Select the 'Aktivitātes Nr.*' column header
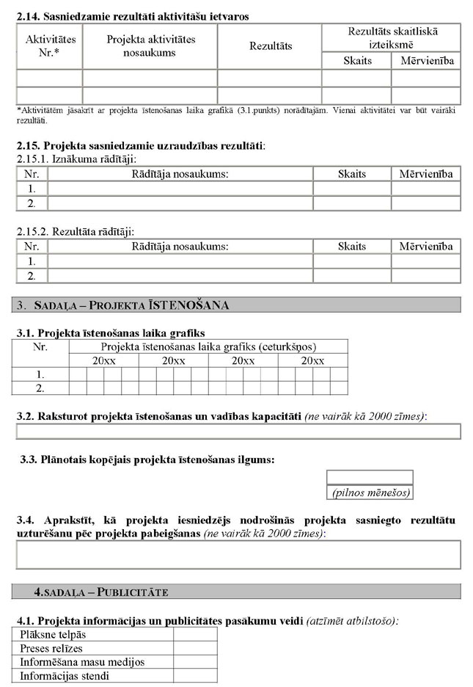[x=50, y=46]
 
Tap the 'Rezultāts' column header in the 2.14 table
[x=270, y=46]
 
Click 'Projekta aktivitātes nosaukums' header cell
[x=150, y=46]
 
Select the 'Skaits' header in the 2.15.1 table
[x=351, y=174]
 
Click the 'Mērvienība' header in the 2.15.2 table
[x=425, y=247]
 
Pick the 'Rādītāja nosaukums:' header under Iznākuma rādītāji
[x=180, y=174]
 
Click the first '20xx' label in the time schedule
[x=103, y=361]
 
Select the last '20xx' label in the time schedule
[x=313, y=361]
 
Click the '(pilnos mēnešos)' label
[x=370, y=492]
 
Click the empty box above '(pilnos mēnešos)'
[x=370, y=478]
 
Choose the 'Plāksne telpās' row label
[x=53, y=635]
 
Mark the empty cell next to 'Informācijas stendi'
[x=195, y=676]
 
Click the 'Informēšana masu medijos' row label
[x=82, y=662]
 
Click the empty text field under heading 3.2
[x=238, y=432]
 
